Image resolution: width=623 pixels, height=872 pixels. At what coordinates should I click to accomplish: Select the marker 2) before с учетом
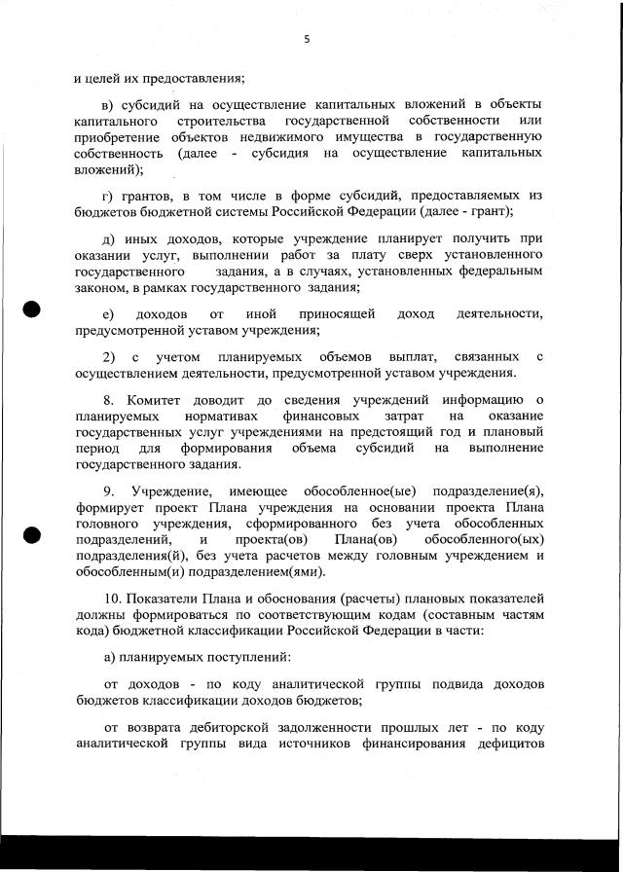(x=109, y=356)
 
